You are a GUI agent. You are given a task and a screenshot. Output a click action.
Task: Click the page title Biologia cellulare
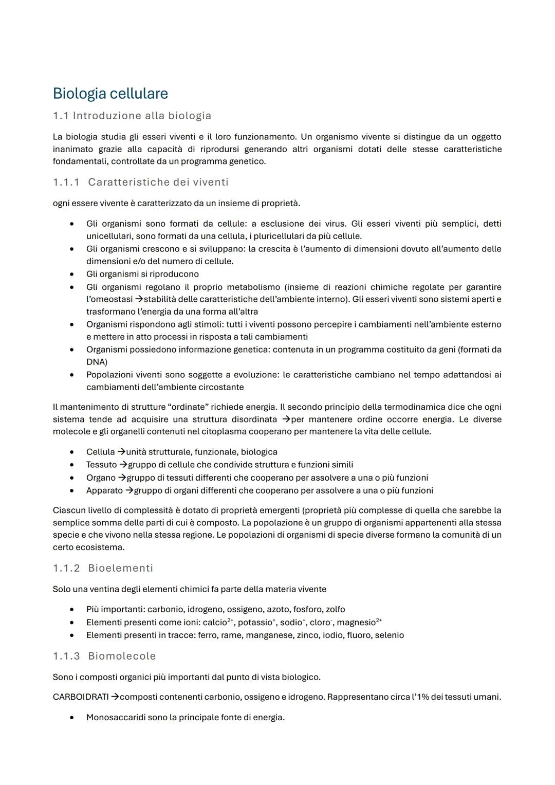[110, 94]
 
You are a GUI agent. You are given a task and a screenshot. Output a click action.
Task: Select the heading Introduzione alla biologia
[142, 116]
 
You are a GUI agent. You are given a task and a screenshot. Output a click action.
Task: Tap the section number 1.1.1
[66, 182]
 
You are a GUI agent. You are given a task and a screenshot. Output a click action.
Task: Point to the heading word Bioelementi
[120, 568]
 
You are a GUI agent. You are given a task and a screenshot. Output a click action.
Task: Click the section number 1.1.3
[66, 656]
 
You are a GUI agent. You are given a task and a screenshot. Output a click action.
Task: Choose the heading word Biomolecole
[122, 656]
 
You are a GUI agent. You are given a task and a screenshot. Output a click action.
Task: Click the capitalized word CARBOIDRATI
[81, 697]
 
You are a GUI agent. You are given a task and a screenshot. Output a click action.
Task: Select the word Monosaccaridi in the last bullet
[116, 717]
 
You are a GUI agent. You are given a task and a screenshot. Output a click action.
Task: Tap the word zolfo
[335, 610]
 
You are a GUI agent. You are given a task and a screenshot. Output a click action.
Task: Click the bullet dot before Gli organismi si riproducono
[72, 275]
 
